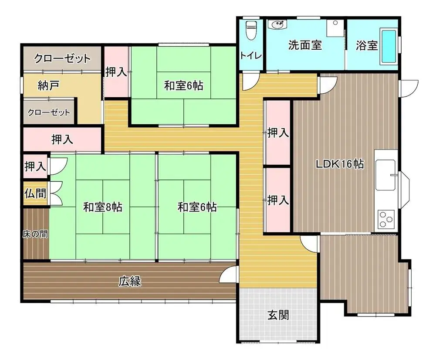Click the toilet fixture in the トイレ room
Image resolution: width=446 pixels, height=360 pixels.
click(251, 30)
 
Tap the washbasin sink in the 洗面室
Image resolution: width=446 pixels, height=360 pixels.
click(278, 25)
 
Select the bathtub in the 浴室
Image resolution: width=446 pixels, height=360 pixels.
click(389, 46)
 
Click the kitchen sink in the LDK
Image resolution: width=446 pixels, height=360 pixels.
click(385, 175)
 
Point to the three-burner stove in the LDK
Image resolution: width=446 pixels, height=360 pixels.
click(386, 219)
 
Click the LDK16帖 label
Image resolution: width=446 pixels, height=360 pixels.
click(340, 164)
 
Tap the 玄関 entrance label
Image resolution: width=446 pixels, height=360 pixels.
click(278, 315)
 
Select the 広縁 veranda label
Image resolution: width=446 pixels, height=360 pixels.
click(130, 282)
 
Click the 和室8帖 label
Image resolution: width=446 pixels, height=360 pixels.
click(103, 207)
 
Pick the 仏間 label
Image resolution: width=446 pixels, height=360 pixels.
click(35, 194)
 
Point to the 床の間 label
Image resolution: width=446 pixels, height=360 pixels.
click(35, 234)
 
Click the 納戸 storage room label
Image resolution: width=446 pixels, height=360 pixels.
click(49, 85)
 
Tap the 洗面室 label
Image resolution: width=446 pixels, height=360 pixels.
click(305, 45)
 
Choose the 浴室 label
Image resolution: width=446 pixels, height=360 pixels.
click(367, 45)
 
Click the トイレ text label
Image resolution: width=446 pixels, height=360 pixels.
click(250, 55)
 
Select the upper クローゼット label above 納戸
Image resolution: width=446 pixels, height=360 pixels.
click(62, 59)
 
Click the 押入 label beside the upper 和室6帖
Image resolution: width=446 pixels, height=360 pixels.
click(116, 72)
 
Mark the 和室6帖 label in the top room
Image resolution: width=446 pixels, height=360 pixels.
click(184, 85)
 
